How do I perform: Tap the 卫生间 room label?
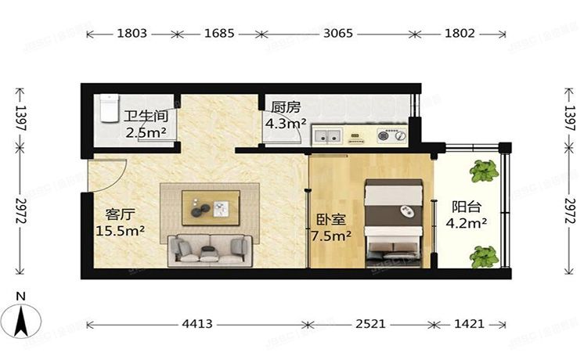[146, 116]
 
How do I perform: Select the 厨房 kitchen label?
[284, 107]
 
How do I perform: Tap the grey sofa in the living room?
[210, 249]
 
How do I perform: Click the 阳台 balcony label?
[467, 207]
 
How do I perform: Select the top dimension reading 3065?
[338, 34]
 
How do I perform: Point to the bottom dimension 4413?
[199, 323]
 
